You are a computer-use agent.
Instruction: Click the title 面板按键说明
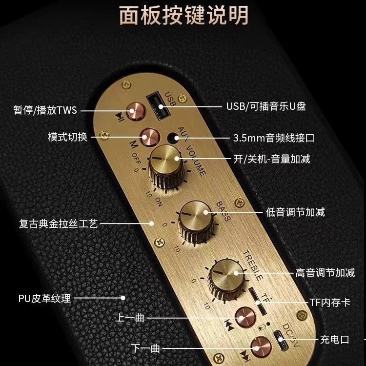point(183,15)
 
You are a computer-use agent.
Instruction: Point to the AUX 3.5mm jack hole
point(171,138)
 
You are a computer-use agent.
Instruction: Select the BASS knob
point(194,215)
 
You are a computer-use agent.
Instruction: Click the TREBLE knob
point(225,276)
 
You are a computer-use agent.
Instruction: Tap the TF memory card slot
point(254,301)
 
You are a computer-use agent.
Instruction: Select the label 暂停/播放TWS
point(45,110)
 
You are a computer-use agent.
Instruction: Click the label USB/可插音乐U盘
point(266,106)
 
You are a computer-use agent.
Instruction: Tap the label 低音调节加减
point(295,212)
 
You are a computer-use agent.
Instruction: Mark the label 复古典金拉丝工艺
point(57,224)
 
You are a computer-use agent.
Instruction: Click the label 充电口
point(335,339)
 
